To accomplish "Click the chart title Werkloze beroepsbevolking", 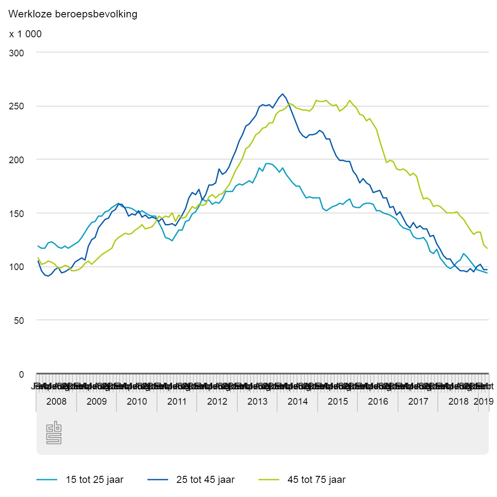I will [x=73, y=14].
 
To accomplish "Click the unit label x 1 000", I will [x=25, y=34].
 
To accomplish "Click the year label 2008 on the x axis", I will [x=56, y=401].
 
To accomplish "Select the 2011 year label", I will [x=177, y=401].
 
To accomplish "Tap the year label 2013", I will [x=257, y=401].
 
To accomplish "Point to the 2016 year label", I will [x=378, y=401].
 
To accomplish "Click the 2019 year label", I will [x=483, y=401].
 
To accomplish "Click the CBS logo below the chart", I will [x=54, y=433].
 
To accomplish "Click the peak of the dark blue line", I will [x=282, y=94].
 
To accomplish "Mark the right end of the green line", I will [x=487, y=248].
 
